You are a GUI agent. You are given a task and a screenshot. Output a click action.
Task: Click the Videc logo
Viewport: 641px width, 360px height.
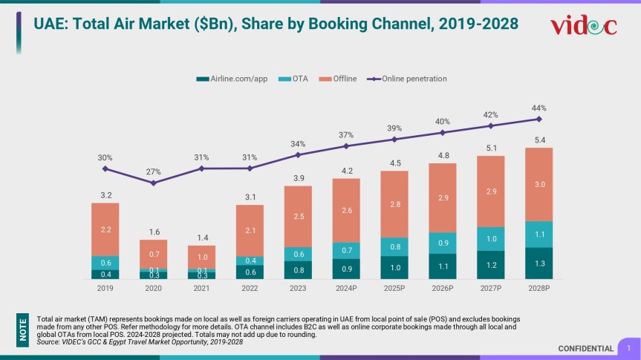coord(583,26)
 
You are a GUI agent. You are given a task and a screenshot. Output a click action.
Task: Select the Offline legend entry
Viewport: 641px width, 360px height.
coord(339,78)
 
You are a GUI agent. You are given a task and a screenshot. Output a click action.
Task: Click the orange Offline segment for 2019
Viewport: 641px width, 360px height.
coord(105,229)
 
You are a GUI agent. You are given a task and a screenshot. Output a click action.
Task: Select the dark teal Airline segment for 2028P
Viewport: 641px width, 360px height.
coord(538,263)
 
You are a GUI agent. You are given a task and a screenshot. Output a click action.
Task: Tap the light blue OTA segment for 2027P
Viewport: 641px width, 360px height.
coord(490,238)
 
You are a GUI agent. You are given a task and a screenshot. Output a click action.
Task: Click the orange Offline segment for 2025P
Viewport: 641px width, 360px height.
coord(394,204)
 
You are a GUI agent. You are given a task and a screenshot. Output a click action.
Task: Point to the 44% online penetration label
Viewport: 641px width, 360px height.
coord(538,108)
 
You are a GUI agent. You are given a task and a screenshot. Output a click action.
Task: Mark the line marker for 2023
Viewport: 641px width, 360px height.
coord(298,154)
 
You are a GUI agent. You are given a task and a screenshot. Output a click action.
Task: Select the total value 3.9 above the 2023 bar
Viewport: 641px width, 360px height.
coord(298,178)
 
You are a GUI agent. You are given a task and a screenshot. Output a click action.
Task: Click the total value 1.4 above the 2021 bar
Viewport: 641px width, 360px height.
coord(201,238)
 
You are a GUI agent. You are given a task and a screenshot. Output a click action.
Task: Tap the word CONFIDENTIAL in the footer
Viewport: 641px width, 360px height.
coord(586,349)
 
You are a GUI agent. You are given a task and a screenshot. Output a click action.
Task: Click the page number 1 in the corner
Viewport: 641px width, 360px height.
coord(628,347)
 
